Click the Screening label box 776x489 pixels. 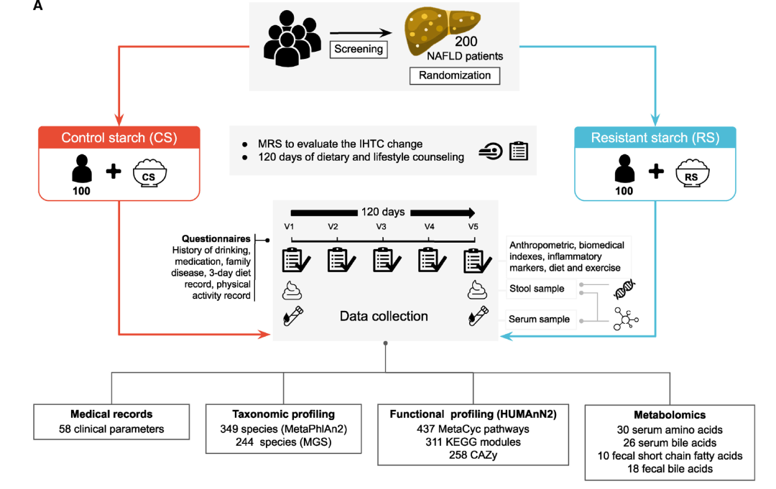pos(359,50)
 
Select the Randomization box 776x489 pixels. pos(454,75)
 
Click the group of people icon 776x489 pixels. pos(290,41)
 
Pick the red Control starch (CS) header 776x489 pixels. pos(119,138)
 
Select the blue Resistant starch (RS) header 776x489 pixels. pos(655,138)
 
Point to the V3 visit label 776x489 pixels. pos(382,227)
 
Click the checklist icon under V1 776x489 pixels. pos(294,259)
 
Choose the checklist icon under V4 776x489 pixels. pos(429,259)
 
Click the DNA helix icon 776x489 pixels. pos(624,289)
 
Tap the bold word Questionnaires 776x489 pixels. pos(216,238)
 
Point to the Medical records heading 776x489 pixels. pos(111,414)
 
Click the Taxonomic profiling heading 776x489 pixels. pos(283,414)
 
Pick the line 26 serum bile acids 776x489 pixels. pos(670,442)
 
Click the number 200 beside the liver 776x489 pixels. pos(466,42)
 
